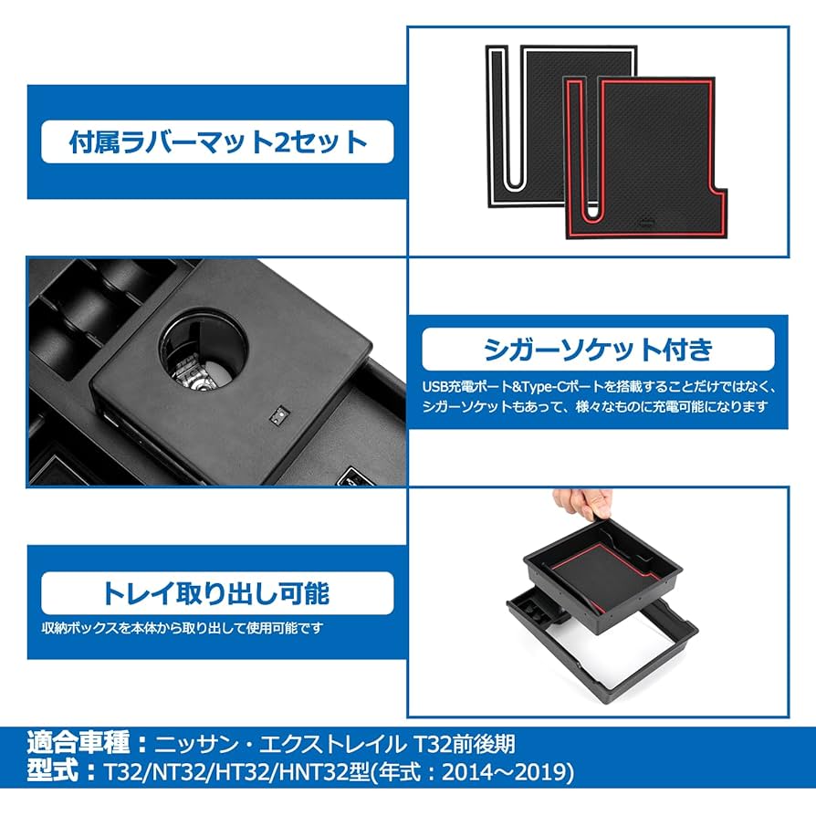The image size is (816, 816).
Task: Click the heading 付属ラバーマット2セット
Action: point(218,141)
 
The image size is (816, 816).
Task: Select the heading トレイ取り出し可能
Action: point(218,593)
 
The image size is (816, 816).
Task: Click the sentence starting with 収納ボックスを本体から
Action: point(182,629)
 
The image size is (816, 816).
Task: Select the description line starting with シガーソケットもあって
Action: point(594,406)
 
